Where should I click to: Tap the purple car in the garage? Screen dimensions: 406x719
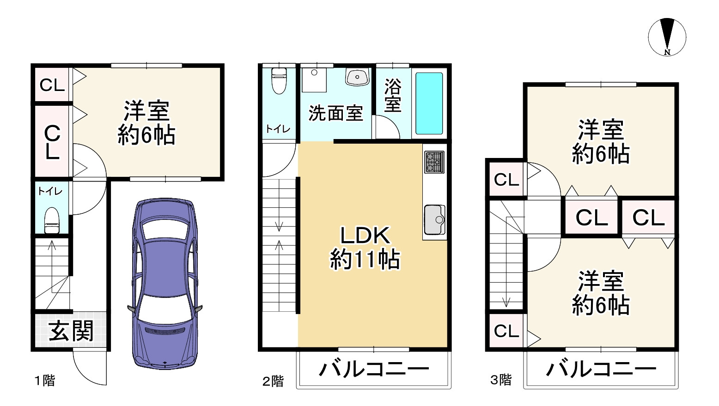click(x=165, y=284)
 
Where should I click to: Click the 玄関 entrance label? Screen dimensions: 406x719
click(x=71, y=331)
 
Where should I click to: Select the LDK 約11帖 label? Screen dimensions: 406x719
click(x=365, y=248)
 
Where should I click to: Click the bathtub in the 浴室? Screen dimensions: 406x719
click(x=429, y=103)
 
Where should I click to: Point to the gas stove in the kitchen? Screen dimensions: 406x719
click(x=434, y=162)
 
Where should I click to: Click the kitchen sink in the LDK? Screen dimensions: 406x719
click(x=434, y=220)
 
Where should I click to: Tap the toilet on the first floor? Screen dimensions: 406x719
click(x=52, y=221)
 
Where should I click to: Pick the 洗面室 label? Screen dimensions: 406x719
click(x=335, y=113)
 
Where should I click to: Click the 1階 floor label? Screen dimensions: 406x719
click(x=45, y=381)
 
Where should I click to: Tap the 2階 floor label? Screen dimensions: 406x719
click(x=273, y=381)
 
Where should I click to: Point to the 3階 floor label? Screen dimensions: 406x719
click(x=501, y=380)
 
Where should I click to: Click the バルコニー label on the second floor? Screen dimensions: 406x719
click(x=374, y=369)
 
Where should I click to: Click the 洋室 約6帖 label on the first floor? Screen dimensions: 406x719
click(x=146, y=123)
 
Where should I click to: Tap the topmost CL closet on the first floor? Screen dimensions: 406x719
click(x=52, y=85)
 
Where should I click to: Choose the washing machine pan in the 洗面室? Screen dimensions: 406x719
click(x=314, y=79)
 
